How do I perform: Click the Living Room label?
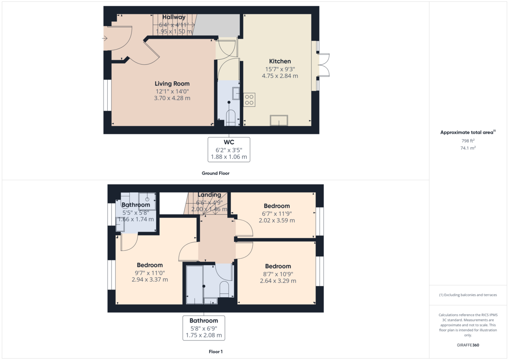(172, 84)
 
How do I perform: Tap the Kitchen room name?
(280, 61)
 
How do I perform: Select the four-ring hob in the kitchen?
(249, 100)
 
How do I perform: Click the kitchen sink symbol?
(279, 120)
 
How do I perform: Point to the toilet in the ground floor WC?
(230, 117)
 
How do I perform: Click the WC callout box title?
(229, 142)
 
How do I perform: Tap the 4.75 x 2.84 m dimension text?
(280, 76)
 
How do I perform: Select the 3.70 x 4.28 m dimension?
(172, 98)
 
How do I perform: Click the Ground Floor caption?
(215, 173)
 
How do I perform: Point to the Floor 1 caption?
(215, 352)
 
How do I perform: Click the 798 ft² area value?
(468, 141)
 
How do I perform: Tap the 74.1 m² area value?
(468, 148)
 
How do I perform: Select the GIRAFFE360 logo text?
(468, 345)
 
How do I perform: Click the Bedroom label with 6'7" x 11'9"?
(277, 206)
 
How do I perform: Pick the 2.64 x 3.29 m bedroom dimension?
(278, 281)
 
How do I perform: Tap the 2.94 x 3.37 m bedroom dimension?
(150, 279)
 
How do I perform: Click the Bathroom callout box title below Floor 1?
(204, 321)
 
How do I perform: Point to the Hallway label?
(174, 17)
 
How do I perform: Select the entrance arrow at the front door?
(104, 38)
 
